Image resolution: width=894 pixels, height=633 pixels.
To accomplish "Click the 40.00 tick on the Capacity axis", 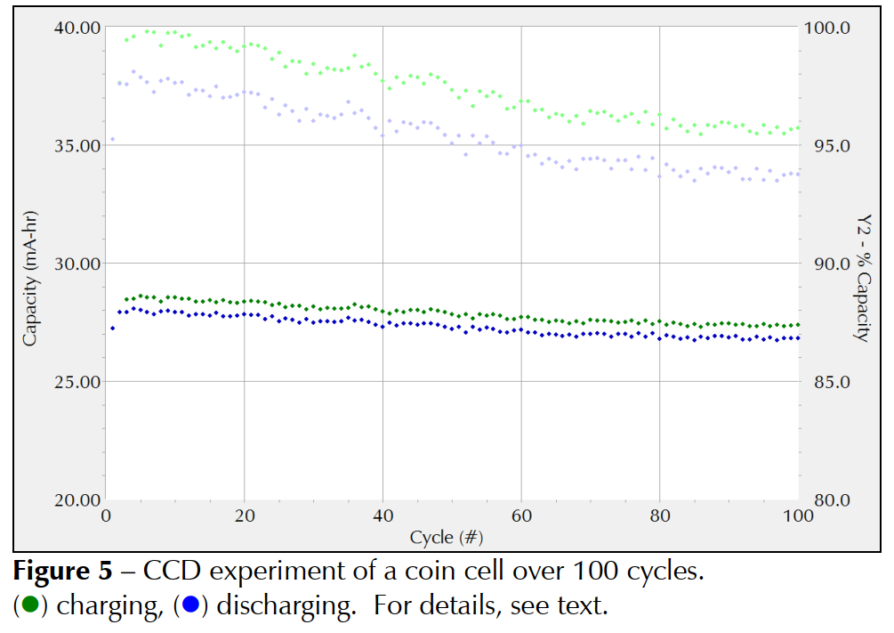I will [x=77, y=27].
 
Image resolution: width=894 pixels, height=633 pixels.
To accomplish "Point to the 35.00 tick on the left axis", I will [x=77, y=145].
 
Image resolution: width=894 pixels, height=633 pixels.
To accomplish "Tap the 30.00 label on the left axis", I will [x=77, y=264].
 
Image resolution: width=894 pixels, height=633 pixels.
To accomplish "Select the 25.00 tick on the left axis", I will [x=77, y=382].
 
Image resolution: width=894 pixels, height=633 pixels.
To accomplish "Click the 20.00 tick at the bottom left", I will [x=77, y=500].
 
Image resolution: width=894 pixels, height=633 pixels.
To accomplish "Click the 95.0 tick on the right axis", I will [x=827, y=145].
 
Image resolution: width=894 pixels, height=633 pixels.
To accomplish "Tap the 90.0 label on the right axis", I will [x=827, y=264].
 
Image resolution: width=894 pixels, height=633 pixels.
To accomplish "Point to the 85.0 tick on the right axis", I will [x=827, y=382].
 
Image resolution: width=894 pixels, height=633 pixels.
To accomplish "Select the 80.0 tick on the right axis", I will [x=827, y=500].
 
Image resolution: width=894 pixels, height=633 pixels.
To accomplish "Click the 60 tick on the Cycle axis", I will [x=521, y=515].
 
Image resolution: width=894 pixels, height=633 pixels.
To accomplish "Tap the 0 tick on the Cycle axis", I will [x=106, y=515].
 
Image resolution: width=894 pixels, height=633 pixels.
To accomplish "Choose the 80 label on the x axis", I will [x=659, y=515].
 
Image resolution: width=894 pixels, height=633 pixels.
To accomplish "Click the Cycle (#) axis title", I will [x=447, y=537].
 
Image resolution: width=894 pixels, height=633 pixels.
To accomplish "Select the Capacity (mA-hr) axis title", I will [x=29, y=264].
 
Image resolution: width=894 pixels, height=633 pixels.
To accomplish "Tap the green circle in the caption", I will [x=29, y=607].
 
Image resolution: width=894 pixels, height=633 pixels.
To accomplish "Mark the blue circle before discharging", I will [x=189, y=607].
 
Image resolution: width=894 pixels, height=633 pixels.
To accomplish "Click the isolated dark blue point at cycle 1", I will [x=112, y=329].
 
